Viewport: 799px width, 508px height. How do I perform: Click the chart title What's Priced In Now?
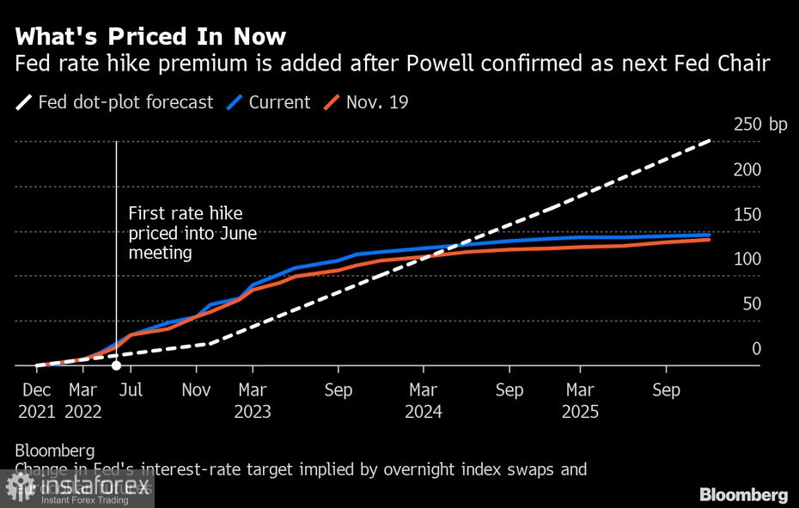pos(150,37)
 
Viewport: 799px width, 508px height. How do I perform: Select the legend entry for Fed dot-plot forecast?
pos(115,102)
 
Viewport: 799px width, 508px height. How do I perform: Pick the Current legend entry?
pos(269,102)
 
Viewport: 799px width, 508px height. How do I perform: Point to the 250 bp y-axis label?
pos(759,125)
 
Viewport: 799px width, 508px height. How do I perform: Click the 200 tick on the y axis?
pos(747,169)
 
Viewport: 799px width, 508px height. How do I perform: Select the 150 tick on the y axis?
pos(747,214)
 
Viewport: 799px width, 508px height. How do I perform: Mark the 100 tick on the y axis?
pos(747,259)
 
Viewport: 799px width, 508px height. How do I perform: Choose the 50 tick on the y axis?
pos(751,303)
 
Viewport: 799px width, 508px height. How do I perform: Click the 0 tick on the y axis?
pos(756,348)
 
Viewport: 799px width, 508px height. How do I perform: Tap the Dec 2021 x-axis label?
pos(36,401)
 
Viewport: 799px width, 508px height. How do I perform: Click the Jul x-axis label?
pos(131,390)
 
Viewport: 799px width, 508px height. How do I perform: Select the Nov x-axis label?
pos(197,390)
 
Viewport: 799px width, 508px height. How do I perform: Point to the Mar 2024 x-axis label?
pos(424,401)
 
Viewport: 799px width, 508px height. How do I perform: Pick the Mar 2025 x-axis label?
pos(581,401)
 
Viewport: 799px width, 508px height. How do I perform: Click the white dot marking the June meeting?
pos(117,366)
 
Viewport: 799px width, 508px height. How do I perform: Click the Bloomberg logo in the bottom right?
pos(743,494)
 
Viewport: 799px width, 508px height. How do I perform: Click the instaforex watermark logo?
pos(77,487)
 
